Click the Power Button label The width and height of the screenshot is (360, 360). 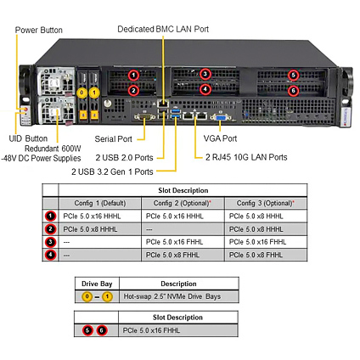coord(39,30)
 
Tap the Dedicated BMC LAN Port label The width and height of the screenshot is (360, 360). coord(163,29)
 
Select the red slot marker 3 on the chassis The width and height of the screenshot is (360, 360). coord(205,74)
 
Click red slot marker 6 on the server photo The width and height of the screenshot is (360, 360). coord(293,91)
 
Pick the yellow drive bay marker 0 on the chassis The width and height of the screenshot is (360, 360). coord(82,93)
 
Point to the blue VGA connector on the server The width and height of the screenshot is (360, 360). coord(221,117)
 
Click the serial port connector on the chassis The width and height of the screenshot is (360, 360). coord(144,116)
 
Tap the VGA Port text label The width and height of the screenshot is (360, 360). coord(220,138)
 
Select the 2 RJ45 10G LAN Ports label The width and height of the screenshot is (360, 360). coord(246,157)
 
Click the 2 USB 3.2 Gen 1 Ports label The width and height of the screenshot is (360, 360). coord(112,172)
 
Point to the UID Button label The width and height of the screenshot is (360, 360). coord(28,138)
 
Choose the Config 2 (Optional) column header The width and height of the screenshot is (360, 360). coord(183,203)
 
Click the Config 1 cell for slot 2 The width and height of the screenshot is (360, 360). coord(99,229)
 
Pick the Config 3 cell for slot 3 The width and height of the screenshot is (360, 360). coord(266,242)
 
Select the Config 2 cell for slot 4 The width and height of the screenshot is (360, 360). coord(183,255)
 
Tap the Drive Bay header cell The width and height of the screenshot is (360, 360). coord(97,284)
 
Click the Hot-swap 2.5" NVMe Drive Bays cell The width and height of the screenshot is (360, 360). coord(179,296)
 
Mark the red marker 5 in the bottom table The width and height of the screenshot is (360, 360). coord(87,330)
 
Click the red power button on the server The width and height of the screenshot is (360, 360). coord(25,109)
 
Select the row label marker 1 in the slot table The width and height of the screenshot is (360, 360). coord(50,217)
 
